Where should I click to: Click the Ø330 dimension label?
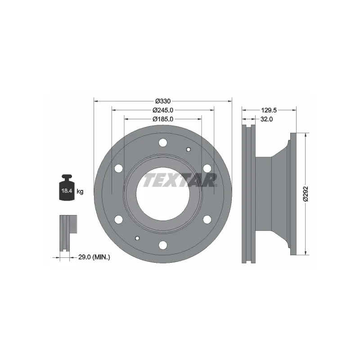163,101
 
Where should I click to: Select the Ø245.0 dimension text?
163,110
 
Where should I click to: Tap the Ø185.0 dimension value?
163,119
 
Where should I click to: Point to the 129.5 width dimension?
269,110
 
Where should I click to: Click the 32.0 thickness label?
266,119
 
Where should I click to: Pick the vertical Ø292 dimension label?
306,194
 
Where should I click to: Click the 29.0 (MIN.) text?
94,257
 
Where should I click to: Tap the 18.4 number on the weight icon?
67,190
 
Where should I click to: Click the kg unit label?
80,191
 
